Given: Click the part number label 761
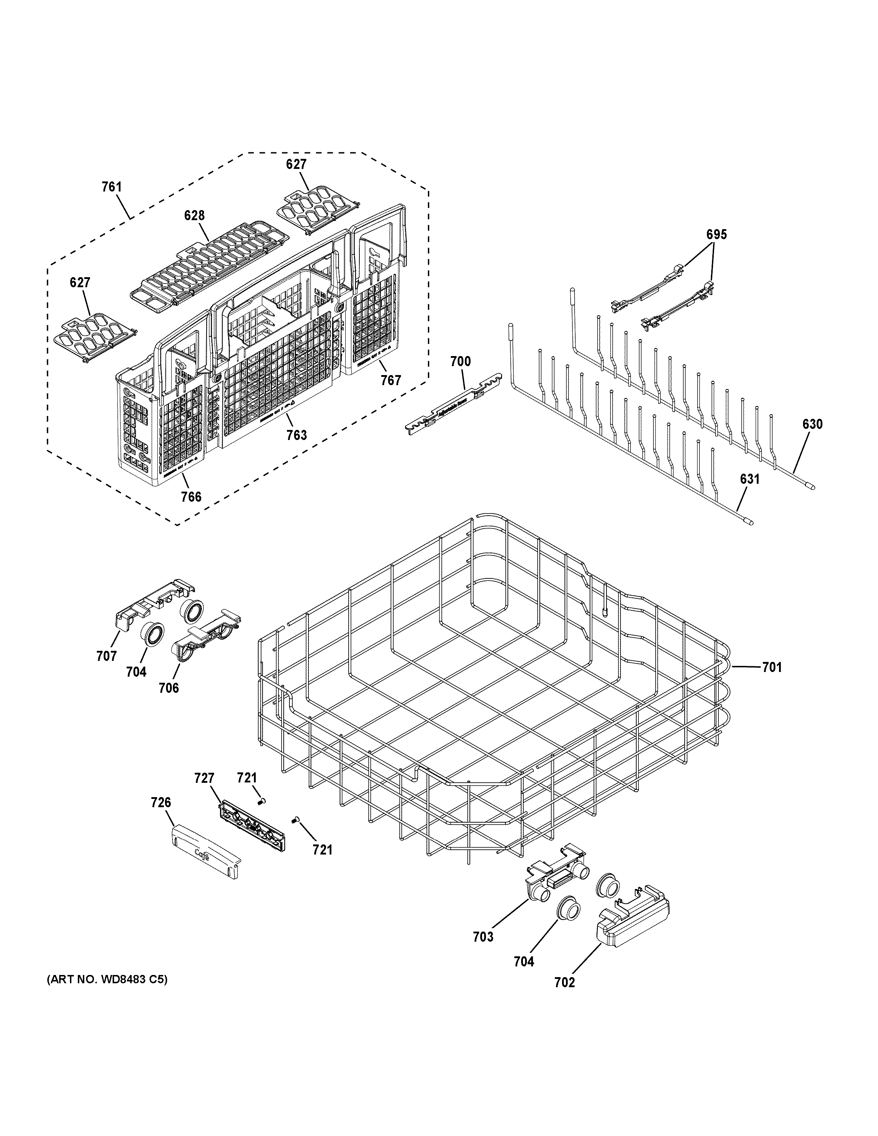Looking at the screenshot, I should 111,187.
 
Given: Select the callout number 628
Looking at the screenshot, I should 194,216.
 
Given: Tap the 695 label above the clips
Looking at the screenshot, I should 716,235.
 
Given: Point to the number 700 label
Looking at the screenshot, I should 460,361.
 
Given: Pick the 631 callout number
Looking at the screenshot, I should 750,479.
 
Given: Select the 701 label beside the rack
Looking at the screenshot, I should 772,667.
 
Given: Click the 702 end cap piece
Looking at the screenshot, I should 633,924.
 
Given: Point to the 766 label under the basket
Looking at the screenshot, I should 191,497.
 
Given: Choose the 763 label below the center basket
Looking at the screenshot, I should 297,435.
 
